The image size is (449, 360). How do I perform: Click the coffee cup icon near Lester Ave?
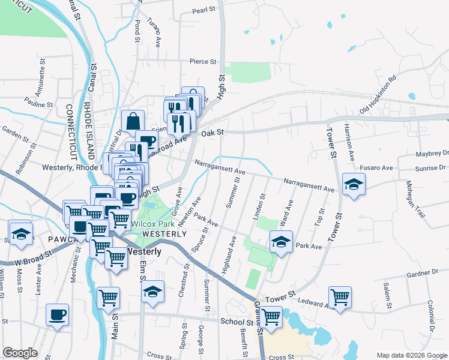click(58, 314)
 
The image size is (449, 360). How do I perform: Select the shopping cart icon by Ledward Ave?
click(340, 297)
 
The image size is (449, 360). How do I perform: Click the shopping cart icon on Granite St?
click(271, 317)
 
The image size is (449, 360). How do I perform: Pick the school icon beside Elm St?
click(152, 292)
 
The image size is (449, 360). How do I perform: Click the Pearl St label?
click(203, 11)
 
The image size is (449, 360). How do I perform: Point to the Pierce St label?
click(202, 61)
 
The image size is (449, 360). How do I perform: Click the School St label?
click(234, 322)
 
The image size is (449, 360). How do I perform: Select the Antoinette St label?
click(43, 76)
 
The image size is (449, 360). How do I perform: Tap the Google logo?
click(20, 352)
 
